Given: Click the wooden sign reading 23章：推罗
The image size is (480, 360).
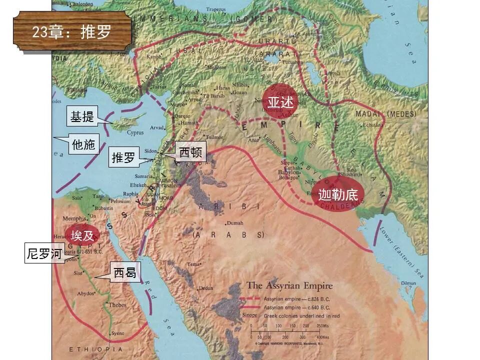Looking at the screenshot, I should [x=73, y=31].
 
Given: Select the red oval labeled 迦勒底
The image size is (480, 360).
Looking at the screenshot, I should [x=338, y=194].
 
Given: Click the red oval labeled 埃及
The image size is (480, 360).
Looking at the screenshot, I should [x=82, y=235].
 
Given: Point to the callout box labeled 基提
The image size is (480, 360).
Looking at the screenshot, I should [x=82, y=117].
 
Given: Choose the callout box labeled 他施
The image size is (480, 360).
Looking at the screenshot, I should [x=83, y=144].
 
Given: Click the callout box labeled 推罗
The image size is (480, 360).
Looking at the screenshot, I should [x=123, y=157].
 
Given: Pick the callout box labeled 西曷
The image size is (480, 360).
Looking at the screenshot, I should [x=125, y=273].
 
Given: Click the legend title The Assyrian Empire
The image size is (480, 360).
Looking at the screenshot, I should [x=289, y=286].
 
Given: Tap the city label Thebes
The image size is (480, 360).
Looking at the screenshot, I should [x=117, y=305].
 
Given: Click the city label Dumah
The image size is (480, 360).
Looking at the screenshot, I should [x=234, y=223].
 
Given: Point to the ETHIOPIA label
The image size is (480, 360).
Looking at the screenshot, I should [x=95, y=349].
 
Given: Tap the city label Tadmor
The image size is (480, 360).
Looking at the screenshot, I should [x=214, y=137].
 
